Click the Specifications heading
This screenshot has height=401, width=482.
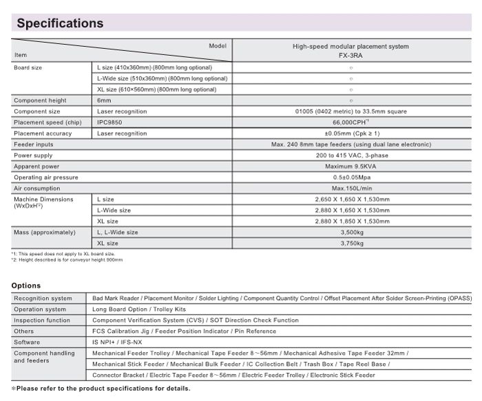pyautogui.click(x=60, y=23)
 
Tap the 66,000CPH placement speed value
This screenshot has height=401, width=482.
pyautogui.click(x=350, y=122)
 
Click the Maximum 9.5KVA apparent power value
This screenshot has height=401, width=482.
pyautogui.click(x=350, y=166)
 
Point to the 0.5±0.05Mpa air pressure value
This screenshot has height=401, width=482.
pyautogui.click(x=350, y=177)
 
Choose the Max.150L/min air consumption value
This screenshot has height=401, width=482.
pyautogui.click(x=350, y=188)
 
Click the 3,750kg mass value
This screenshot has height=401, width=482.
pyautogui.click(x=350, y=243)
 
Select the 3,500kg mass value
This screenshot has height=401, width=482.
pyautogui.click(x=350, y=232)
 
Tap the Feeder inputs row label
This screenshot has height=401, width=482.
pyautogui.click(x=33, y=144)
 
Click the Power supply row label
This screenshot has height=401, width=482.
pyautogui.click(x=33, y=155)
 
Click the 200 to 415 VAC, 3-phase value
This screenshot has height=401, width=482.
pyautogui.click(x=350, y=155)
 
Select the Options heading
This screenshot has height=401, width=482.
pyautogui.click(x=26, y=285)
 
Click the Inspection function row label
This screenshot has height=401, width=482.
pyautogui.click(x=42, y=320)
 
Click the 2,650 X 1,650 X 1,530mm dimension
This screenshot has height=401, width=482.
pyautogui.click(x=350, y=199)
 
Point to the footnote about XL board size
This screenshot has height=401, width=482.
pyautogui.click(x=61, y=254)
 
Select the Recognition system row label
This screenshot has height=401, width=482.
pyautogui.click(x=43, y=298)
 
